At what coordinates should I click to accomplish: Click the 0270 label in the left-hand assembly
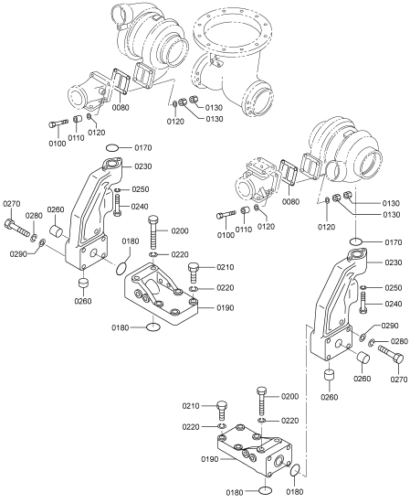(12, 204)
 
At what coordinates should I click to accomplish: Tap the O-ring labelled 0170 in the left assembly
(112, 148)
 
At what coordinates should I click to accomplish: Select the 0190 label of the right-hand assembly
(210, 459)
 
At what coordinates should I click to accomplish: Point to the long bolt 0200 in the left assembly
(152, 232)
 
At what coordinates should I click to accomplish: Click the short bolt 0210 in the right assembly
(222, 411)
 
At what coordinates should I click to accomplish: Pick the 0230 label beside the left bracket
(143, 166)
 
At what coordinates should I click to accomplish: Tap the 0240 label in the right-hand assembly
(393, 304)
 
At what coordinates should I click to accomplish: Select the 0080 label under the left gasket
(121, 108)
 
